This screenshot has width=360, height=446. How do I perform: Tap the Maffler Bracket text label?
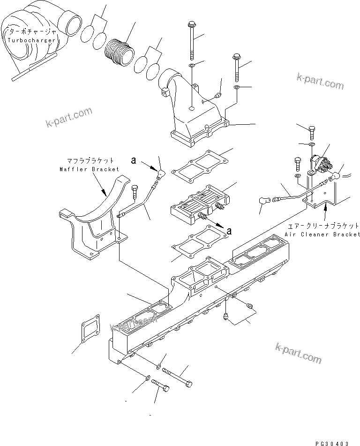coord(89,169)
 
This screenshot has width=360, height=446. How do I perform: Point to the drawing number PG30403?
coord(333,442)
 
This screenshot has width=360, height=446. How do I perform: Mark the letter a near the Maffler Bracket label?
coord(134,160)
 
